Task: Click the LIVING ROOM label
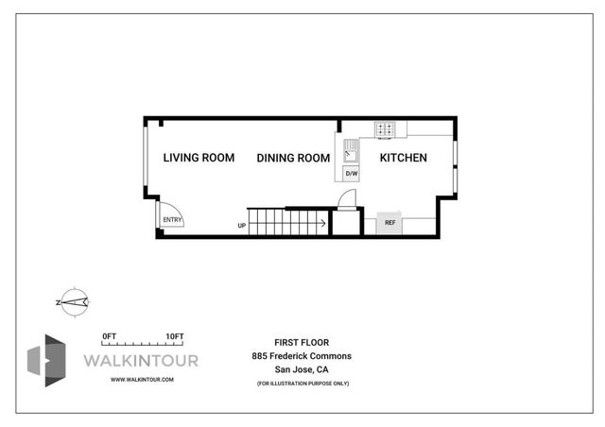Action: (198, 158)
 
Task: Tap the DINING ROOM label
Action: (293, 158)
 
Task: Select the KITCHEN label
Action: (404, 158)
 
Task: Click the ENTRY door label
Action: (171, 219)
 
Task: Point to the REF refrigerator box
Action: (389, 223)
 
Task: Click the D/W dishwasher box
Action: (351, 174)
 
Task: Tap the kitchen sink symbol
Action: (350, 148)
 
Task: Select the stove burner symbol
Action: (386, 129)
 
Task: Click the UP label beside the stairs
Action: (242, 226)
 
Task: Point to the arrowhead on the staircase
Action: (324, 224)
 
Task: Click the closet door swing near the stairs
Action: (347, 198)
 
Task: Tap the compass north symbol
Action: (74, 301)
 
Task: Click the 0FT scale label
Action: (109, 335)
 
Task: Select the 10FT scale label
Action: (173, 335)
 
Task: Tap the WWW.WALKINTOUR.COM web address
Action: (142, 379)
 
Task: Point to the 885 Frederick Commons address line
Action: (302, 355)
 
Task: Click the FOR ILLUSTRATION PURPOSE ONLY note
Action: (302, 383)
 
